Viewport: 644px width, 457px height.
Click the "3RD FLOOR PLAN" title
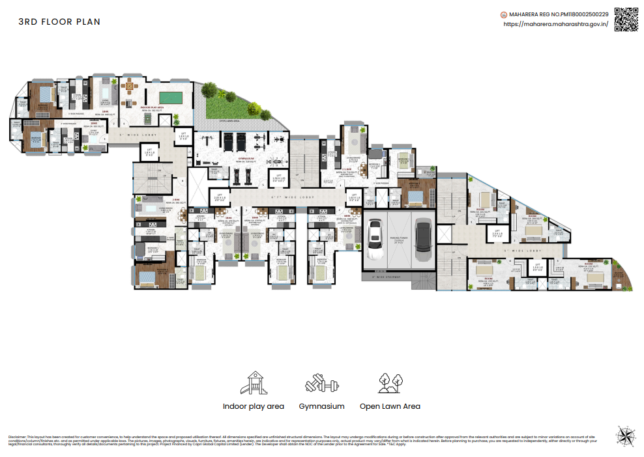coord(59,21)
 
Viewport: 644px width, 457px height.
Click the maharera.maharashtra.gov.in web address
coord(556,24)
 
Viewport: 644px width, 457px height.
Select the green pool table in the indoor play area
coord(170,97)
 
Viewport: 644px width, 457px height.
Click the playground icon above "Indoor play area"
coord(253,383)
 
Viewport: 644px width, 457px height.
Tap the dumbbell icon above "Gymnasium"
coord(321,383)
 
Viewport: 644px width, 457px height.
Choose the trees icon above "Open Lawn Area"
coord(390,383)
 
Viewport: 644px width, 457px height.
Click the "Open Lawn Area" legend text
coord(390,406)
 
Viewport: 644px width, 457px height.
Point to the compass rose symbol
coord(624,434)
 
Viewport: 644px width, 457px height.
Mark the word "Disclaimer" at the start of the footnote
coord(17,436)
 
